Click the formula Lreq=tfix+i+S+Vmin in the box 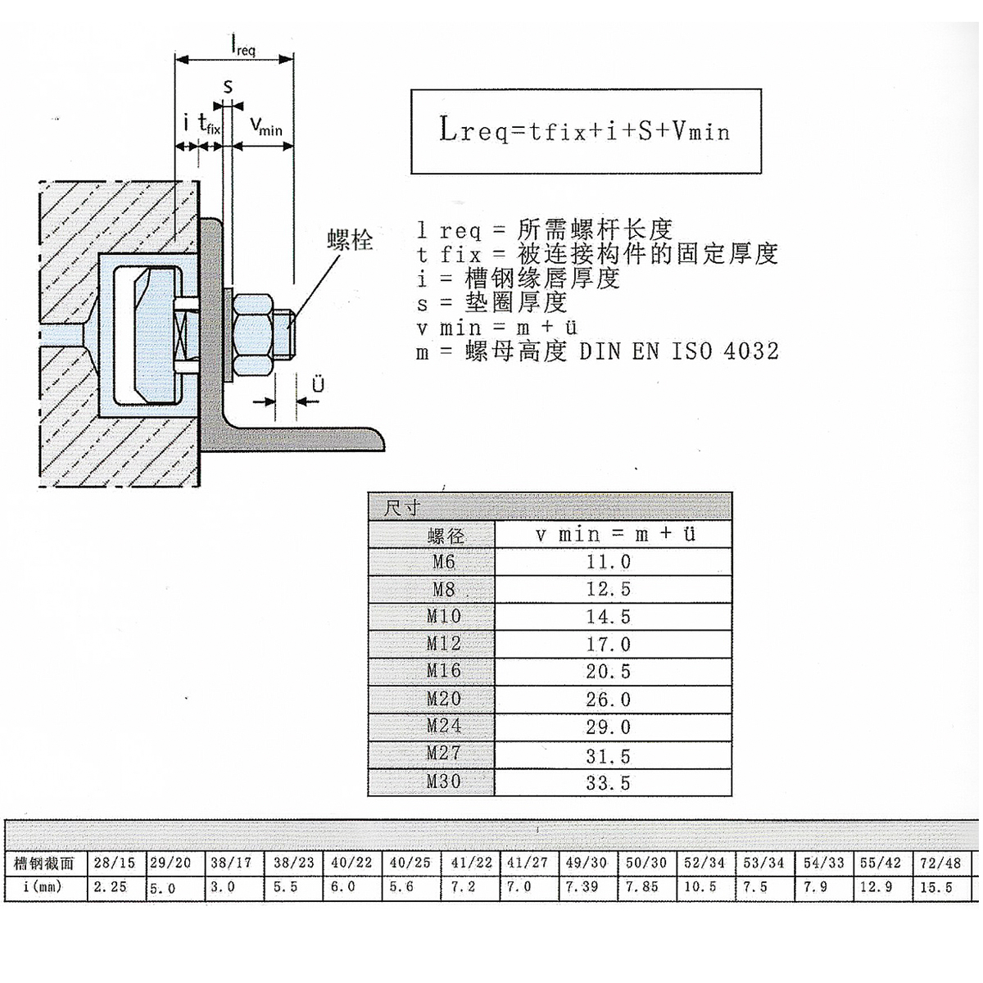[585, 131]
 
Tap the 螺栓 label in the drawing [350, 239]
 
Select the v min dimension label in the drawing [265, 126]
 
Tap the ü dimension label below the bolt [318, 383]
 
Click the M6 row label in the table [443, 562]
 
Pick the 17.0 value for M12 [608, 645]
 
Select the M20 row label [444, 699]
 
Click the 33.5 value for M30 [608, 783]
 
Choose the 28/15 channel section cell [114, 863]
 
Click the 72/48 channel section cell [940, 863]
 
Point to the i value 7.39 [582, 886]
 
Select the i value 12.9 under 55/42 [876, 886]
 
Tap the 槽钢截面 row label [44, 863]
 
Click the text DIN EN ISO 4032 [679, 351]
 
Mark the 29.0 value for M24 [608, 727]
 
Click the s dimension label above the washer [228, 87]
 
